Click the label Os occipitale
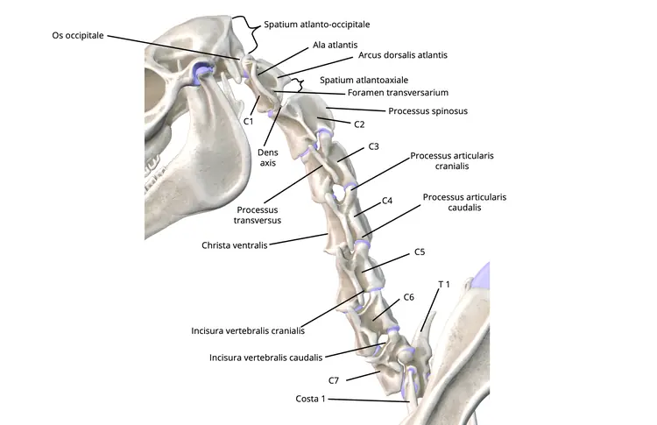(x=77, y=35)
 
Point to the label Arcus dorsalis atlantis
(x=403, y=54)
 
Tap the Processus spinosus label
(x=427, y=111)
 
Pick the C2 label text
(x=358, y=124)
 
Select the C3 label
(x=373, y=145)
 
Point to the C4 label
(x=387, y=201)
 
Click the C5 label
(x=419, y=251)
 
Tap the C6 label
(x=407, y=298)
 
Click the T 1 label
(x=443, y=285)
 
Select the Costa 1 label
(x=311, y=399)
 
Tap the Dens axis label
(x=268, y=157)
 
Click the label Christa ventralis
(x=234, y=246)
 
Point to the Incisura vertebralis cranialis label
(x=248, y=331)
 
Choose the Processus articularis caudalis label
(x=464, y=204)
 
